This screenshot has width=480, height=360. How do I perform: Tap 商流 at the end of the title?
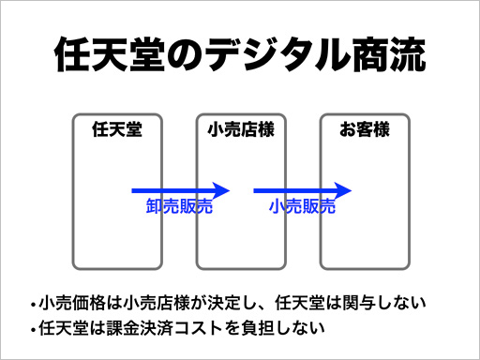coord(392,55)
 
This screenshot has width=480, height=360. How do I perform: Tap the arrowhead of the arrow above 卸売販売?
coord(222,190)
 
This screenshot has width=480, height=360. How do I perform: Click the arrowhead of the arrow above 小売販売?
coord(345,190)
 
